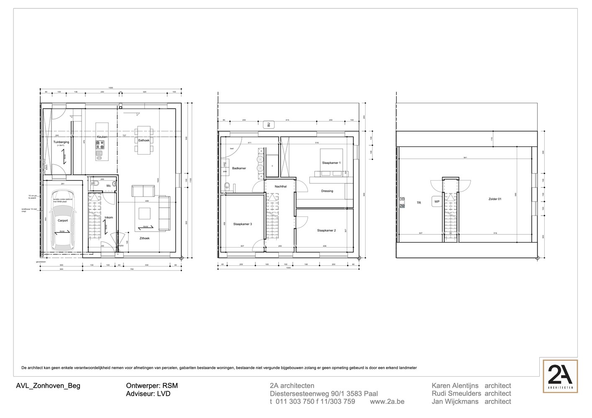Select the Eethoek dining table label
144,140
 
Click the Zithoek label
145,238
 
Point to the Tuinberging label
61,142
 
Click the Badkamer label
239,168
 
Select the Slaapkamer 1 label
331,163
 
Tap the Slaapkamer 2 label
327,230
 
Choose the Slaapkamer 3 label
243,224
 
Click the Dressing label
327,191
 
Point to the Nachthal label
281,186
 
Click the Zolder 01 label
494,199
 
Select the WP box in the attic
437,201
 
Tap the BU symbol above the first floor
268,125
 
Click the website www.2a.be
387,401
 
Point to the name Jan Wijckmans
455,401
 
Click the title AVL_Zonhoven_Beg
48,386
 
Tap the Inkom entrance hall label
109,217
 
